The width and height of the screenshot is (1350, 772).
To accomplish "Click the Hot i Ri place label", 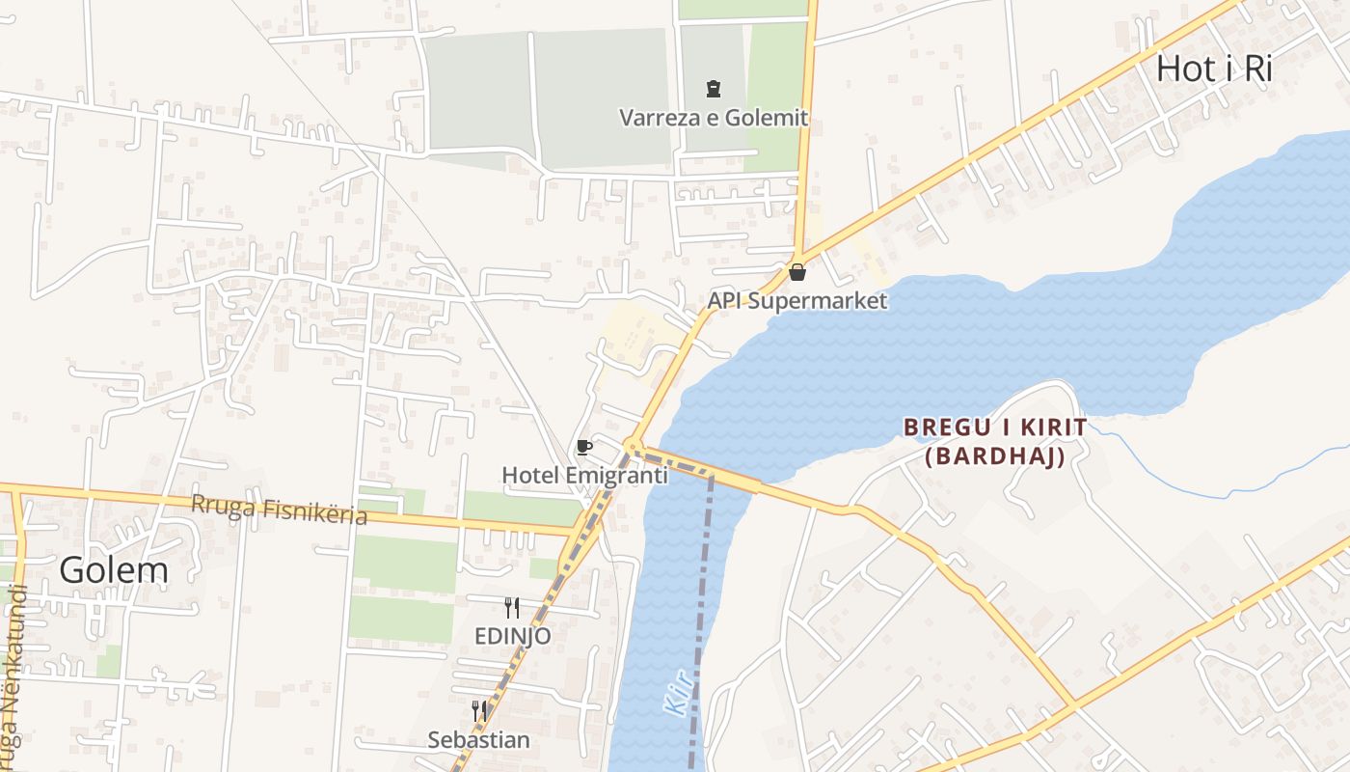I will pos(1214,69).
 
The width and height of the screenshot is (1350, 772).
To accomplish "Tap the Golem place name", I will pos(114,570).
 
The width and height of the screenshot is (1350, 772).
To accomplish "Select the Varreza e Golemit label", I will pos(713,118).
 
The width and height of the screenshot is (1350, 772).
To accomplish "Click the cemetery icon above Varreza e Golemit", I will pos(713,90).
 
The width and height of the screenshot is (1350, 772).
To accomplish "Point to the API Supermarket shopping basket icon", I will pos(796,272).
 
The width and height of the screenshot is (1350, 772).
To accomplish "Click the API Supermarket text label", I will pos(796,300).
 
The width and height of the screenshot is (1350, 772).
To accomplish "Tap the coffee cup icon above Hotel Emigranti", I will pos(583,447).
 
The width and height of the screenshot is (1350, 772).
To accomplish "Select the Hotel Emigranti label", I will pos(584,475).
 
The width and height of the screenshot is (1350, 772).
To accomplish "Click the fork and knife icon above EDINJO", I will pos(512,608).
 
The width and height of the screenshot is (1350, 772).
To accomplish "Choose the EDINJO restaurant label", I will pos(512,636).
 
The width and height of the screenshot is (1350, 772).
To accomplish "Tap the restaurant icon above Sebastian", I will pos(479,711).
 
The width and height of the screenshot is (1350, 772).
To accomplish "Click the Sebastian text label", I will pos(479,740).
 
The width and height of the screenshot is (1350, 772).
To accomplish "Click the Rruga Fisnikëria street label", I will pos(279,510).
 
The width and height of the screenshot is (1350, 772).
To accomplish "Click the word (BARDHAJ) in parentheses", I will pos(995,456).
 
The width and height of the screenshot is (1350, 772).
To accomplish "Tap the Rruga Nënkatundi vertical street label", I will pos(12,675).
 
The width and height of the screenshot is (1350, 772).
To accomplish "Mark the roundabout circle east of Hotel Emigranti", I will pos(633,447).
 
